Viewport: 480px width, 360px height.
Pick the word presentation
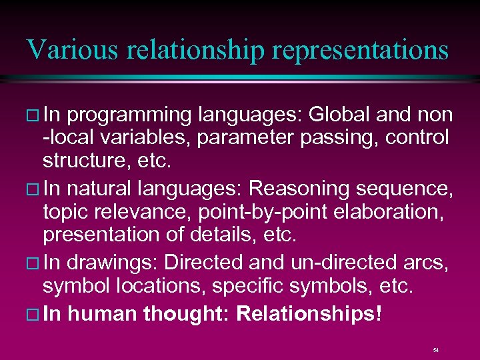point(101,235)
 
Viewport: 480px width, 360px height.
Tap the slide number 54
point(435,349)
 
